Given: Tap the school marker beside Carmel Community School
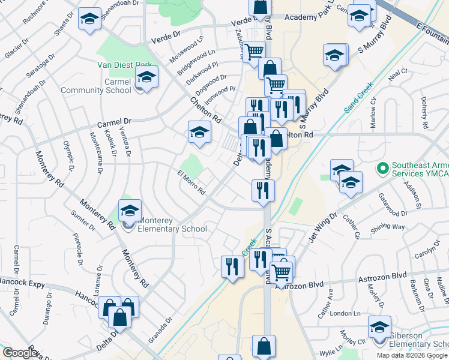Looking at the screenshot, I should click(146, 77).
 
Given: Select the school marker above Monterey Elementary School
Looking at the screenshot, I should click(130, 211).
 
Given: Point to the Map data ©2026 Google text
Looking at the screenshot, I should click(412, 355).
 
